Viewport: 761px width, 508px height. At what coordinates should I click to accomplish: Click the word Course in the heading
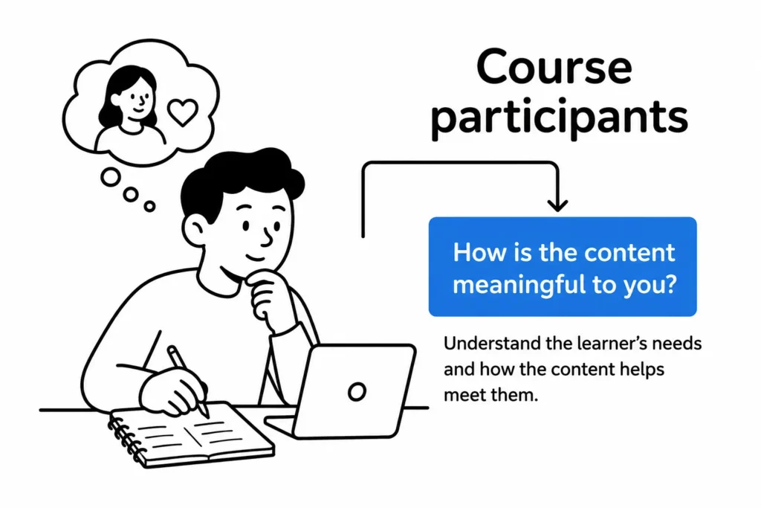click(x=554, y=67)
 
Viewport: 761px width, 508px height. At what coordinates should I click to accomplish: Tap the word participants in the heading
click(x=559, y=118)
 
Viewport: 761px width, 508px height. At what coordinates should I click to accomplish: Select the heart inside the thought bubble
click(x=183, y=112)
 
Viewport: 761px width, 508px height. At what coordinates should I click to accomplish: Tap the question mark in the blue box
click(x=671, y=283)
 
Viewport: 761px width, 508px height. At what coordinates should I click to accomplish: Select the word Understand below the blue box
click(x=492, y=344)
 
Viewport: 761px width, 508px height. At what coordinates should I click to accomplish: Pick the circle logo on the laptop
click(x=357, y=391)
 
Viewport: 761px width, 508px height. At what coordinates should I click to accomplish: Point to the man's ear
click(x=195, y=230)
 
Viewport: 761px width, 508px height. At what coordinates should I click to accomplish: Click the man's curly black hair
click(x=239, y=181)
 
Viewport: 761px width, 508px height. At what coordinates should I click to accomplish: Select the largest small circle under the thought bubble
click(x=111, y=177)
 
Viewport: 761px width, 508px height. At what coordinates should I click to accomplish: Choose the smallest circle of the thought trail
click(x=150, y=207)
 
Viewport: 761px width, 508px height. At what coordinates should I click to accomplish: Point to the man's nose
click(x=267, y=237)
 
